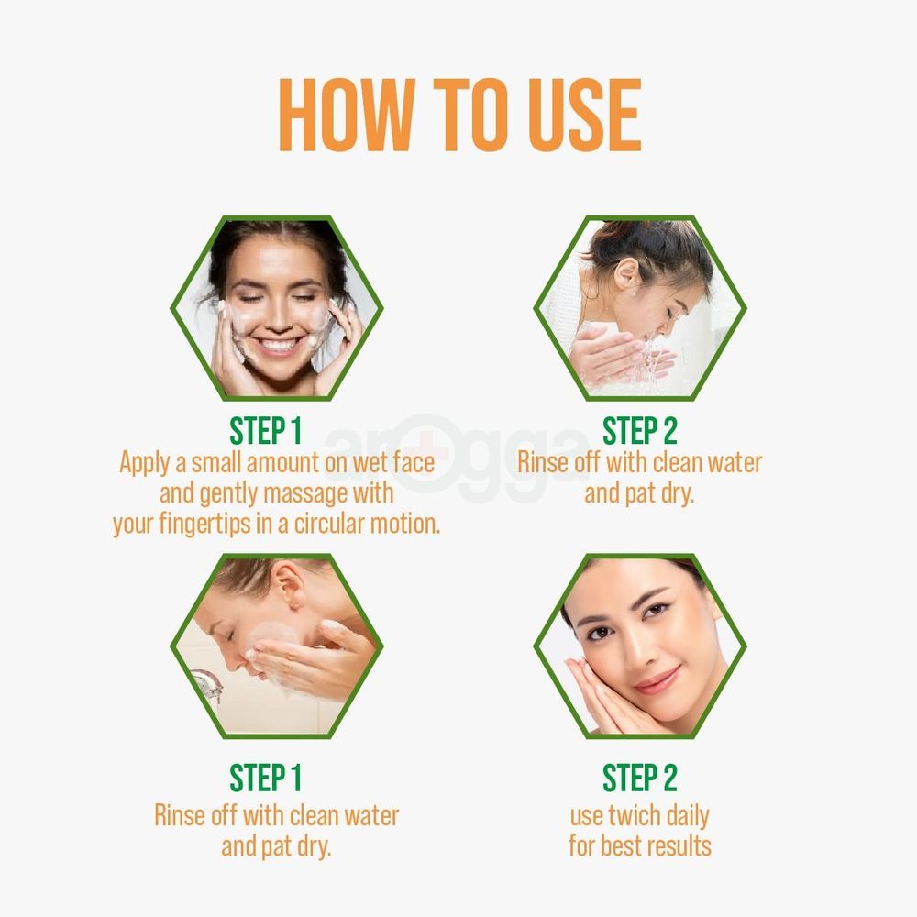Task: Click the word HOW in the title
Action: pyautogui.click(x=345, y=116)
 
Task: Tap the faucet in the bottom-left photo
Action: pyautogui.click(x=206, y=684)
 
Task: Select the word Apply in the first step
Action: pyautogui.click(x=144, y=462)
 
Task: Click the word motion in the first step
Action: pyautogui.click(x=408, y=525)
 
